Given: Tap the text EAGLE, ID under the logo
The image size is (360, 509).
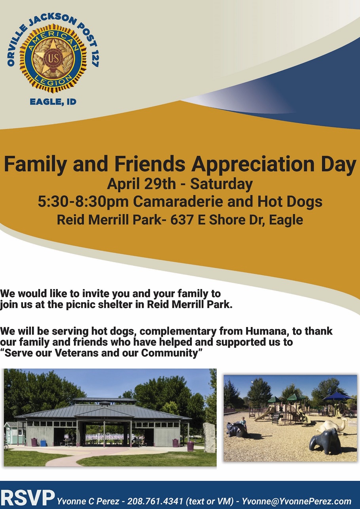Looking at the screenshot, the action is pyautogui.click(x=53, y=102).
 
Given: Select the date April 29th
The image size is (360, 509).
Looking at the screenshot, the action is pyautogui.click(x=141, y=184).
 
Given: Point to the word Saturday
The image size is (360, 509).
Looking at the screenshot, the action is pyautogui.click(x=222, y=184).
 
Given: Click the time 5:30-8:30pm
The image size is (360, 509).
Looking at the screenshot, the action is pyautogui.click(x=83, y=202).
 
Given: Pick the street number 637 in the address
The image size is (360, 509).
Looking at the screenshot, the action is pyautogui.click(x=182, y=220).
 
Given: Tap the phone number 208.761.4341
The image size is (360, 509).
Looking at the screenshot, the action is pyautogui.click(x=155, y=501).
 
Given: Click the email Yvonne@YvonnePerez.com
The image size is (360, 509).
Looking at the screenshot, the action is pyautogui.click(x=297, y=501).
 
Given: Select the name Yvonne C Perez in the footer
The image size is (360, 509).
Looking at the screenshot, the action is pyautogui.click(x=88, y=501).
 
